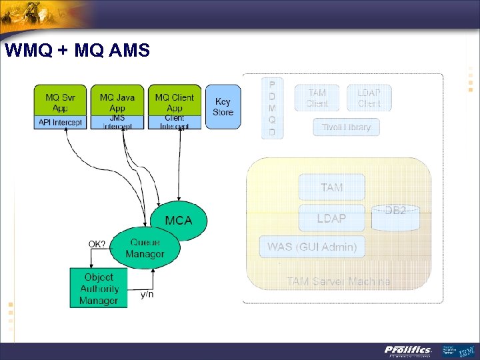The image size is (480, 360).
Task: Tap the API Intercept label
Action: pos(61,123)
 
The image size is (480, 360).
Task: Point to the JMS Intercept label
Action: pos(117,123)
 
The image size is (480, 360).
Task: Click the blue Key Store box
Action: pos(223,107)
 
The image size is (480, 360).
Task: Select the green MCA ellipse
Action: pos(179,219)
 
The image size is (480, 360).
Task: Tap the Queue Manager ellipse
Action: pos(145,248)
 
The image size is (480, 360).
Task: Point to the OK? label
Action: pos(97,244)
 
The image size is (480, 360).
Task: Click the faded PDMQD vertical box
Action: pos(272,109)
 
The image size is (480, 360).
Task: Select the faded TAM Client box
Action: pos(317,98)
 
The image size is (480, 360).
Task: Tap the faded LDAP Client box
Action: pos(369,98)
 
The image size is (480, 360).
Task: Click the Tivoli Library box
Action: pos(346,127)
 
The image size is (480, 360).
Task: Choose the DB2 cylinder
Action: pos(396,217)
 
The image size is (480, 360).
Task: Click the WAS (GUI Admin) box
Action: pos(312,247)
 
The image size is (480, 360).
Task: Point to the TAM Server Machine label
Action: pos(339,281)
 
